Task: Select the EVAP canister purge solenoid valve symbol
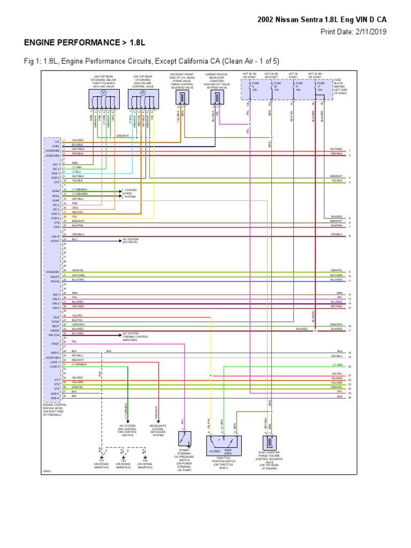(x=268, y=443)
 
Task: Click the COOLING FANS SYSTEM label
(x=131, y=193)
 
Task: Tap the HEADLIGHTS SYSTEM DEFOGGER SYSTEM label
(x=158, y=430)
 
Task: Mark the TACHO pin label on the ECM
(x=56, y=280)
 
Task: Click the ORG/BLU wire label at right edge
(x=336, y=234)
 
